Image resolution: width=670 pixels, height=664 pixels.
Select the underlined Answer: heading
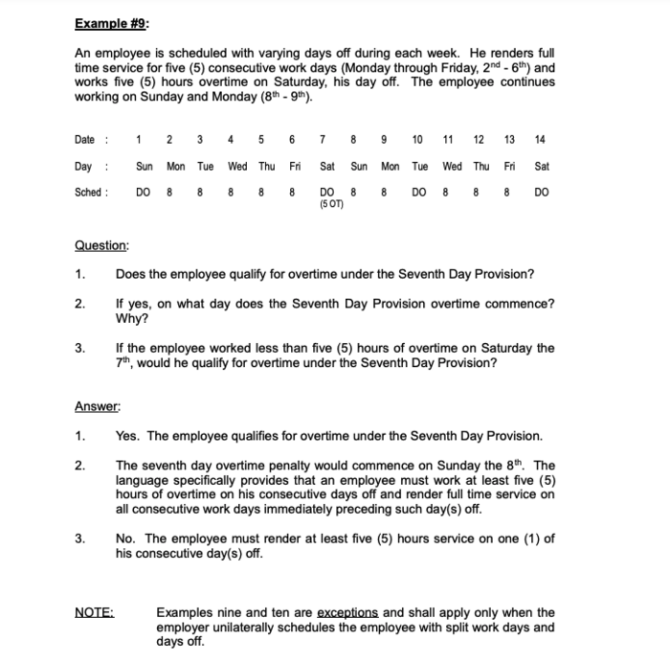pyautogui.click(x=99, y=406)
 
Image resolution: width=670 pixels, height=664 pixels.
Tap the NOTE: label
pyautogui.click(x=93, y=612)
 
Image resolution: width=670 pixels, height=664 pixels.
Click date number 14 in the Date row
pyautogui.click(x=542, y=140)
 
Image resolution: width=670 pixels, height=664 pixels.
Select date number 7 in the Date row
pyautogui.click(x=327, y=140)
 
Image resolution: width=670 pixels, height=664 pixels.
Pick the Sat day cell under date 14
pyautogui.click(x=542, y=166)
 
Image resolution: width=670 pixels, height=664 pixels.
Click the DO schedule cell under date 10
pyautogui.click(x=420, y=192)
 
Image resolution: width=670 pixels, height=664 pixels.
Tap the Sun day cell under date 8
pyautogui.click(x=359, y=166)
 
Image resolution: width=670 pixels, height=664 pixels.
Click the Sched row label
pyautogui.click(x=91, y=192)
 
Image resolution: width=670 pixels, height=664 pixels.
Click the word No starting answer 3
pyautogui.click(x=124, y=538)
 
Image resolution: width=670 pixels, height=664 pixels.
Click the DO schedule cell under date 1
pyautogui.click(x=143, y=192)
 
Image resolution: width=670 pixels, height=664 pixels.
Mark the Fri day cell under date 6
pyautogui.click(x=295, y=166)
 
